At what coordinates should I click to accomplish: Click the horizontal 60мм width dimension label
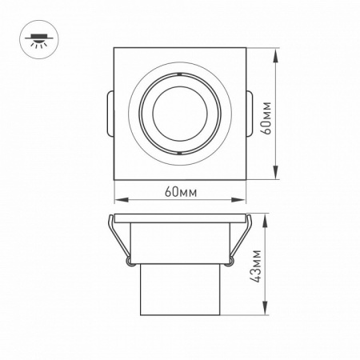(x=180, y=193)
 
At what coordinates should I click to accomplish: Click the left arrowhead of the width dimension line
(x=118, y=200)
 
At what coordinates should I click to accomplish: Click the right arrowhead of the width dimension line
(x=242, y=200)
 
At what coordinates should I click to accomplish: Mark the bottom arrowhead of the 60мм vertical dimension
(x=277, y=178)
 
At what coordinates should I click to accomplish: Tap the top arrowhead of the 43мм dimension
(x=262, y=218)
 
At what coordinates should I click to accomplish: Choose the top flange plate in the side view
(x=180, y=218)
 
